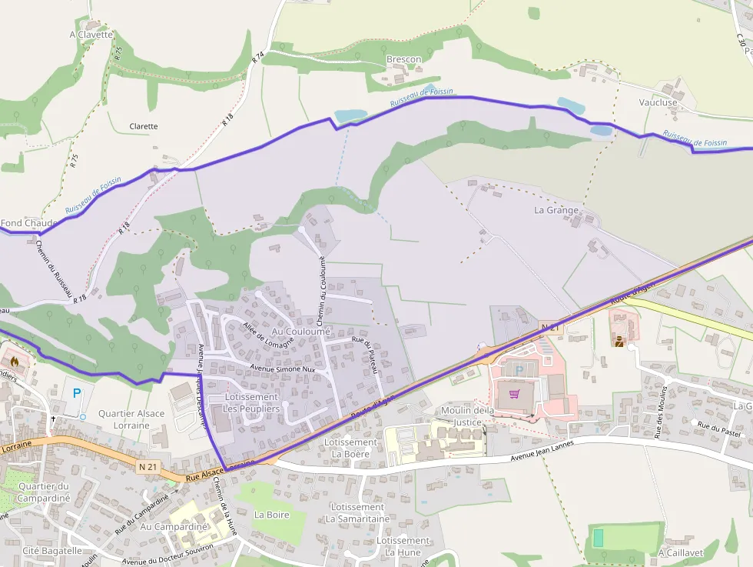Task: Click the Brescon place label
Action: pyautogui.click(x=403, y=59)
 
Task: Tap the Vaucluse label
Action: pyautogui.click(x=658, y=102)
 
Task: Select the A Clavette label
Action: pyautogui.click(x=91, y=35)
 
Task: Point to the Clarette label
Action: pyautogui.click(x=144, y=126)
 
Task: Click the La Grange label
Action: pyautogui.click(x=556, y=209)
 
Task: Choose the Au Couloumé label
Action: pyautogui.click(x=301, y=331)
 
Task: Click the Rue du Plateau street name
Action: pyautogui.click(x=365, y=355)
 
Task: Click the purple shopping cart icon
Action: pyautogui.click(x=514, y=394)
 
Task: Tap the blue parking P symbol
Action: pyautogui.click(x=76, y=393)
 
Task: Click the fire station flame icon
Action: pyautogui.click(x=14, y=360)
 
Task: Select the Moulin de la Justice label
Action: pyautogui.click(x=467, y=416)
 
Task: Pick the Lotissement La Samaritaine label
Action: pyautogui.click(x=357, y=513)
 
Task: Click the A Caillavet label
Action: pyautogui.click(x=681, y=552)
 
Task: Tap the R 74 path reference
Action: pyautogui.click(x=257, y=57)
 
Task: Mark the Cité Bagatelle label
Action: pyautogui.click(x=52, y=551)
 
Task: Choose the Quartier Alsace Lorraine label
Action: pyautogui.click(x=131, y=419)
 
